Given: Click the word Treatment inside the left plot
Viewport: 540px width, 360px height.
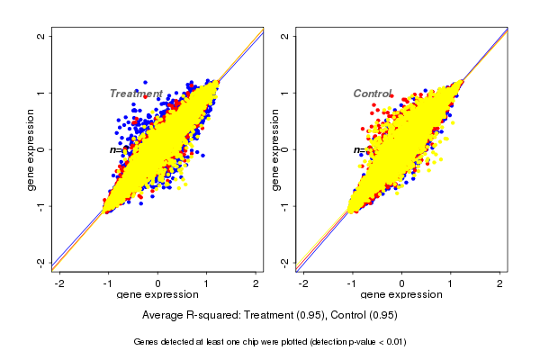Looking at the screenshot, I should pyautogui.click(x=136, y=94).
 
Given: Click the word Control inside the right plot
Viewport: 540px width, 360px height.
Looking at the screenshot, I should pyautogui.click(x=373, y=94).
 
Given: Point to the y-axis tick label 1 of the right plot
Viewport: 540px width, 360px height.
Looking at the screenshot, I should pyautogui.click(x=285, y=93).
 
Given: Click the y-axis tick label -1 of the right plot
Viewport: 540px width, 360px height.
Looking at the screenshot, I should pyautogui.click(x=285, y=205).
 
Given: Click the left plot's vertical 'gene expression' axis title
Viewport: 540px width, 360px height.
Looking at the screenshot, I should pyautogui.click(x=31, y=149).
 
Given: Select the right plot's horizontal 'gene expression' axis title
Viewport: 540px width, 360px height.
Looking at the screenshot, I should pyautogui.click(x=401, y=295).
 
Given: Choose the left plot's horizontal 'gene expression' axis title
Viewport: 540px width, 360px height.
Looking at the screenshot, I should pyautogui.click(x=157, y=295).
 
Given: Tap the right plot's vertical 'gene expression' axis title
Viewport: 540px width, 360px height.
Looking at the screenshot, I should pyautogui.click(x=274, y=149).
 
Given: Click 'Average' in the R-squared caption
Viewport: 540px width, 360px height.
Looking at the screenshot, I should pyautogui.click(x=163, y=316).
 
